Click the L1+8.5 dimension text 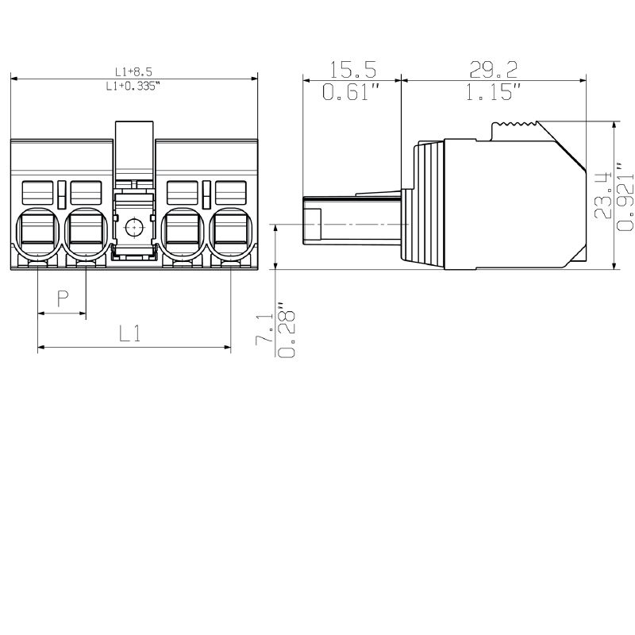[133, 72]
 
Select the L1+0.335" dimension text [133, 86]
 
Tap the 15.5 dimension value [352, 69]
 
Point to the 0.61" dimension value [352, 91]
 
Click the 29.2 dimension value [493, 69]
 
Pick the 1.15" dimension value [493, 91]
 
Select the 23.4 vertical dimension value [603, 195]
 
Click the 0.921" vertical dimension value [625, 196]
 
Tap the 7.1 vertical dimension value [264, 329]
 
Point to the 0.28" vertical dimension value [287, 329]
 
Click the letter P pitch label [63, 298]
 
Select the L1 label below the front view [130, 333]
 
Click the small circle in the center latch [133, 228]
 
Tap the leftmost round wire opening [37, 233]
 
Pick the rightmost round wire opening [230, 233]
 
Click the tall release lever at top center [134, 155]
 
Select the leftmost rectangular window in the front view [37, 193]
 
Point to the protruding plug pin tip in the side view [312, 221]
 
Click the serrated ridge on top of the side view [514, 123]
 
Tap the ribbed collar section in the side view [429, 205]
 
